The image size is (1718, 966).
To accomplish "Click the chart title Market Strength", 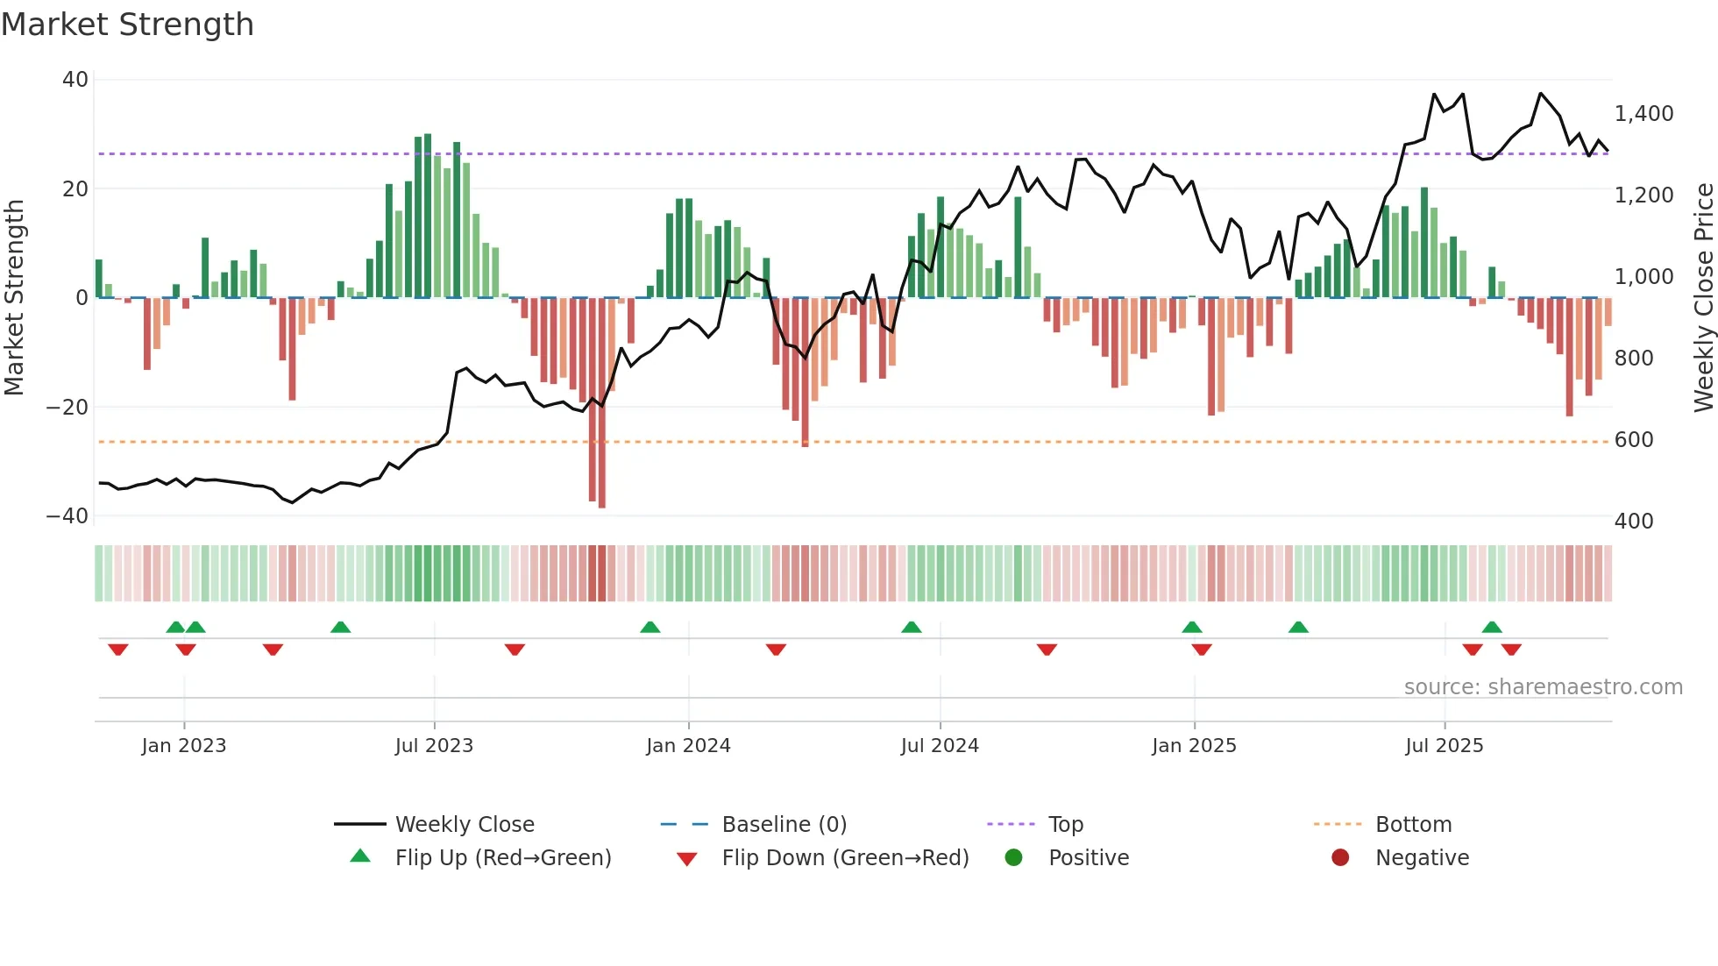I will tap(127, 25).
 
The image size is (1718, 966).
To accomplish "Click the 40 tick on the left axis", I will tap(75, 80).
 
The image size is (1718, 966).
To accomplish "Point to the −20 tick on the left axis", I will tap(68, 408).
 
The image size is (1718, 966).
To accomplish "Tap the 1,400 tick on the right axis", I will tap(1643, 114).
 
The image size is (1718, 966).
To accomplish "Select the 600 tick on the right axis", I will tap(1634, 440).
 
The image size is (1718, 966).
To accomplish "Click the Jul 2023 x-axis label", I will tap(434, 746).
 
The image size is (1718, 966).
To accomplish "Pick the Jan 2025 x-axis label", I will tap(1194, 746).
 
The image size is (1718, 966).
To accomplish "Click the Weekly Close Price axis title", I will tap(1703, 298).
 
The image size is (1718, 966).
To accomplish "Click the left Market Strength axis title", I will tap(14, 298).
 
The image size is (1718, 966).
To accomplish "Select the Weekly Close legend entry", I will tap(464, 825).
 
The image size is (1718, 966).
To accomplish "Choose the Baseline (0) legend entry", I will tap(784, 825).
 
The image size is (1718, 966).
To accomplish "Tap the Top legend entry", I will tap(1065, 825).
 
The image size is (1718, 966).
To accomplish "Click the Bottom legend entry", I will tap(1413, 825).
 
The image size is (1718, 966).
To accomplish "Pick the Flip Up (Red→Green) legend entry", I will tap(502, 858).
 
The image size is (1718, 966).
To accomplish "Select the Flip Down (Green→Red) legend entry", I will tap(845, 858).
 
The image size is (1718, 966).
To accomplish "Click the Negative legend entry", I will tap(1421, 858).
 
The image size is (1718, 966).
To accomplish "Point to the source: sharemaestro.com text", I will tap(1543, 687).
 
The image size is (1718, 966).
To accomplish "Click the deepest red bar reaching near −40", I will tap(602, 403).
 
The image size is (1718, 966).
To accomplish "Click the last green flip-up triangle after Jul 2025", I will tap(1492, 628).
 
